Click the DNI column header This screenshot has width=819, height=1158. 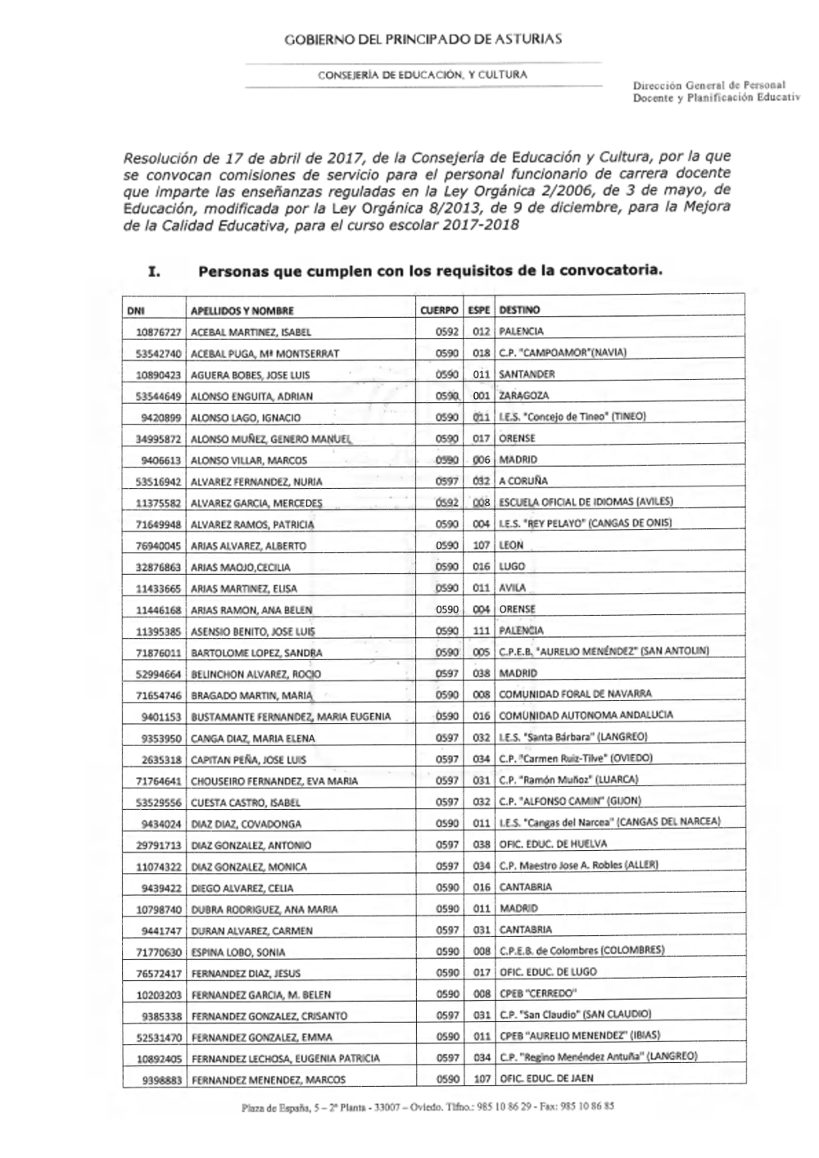coord(136,311)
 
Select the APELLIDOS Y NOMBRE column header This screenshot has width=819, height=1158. coord(242,311)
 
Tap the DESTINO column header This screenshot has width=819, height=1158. coord(519,310)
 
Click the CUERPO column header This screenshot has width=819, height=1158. coord(439,311)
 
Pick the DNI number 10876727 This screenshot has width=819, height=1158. coord(158,332)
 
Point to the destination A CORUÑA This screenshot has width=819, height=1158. coord(523,481)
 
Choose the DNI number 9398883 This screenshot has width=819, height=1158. coord(161,1080)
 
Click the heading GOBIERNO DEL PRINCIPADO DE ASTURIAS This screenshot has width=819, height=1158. coord(423,39)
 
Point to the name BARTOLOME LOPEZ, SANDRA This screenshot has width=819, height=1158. coord(256,654)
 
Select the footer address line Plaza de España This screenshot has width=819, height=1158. coord(428,1106)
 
